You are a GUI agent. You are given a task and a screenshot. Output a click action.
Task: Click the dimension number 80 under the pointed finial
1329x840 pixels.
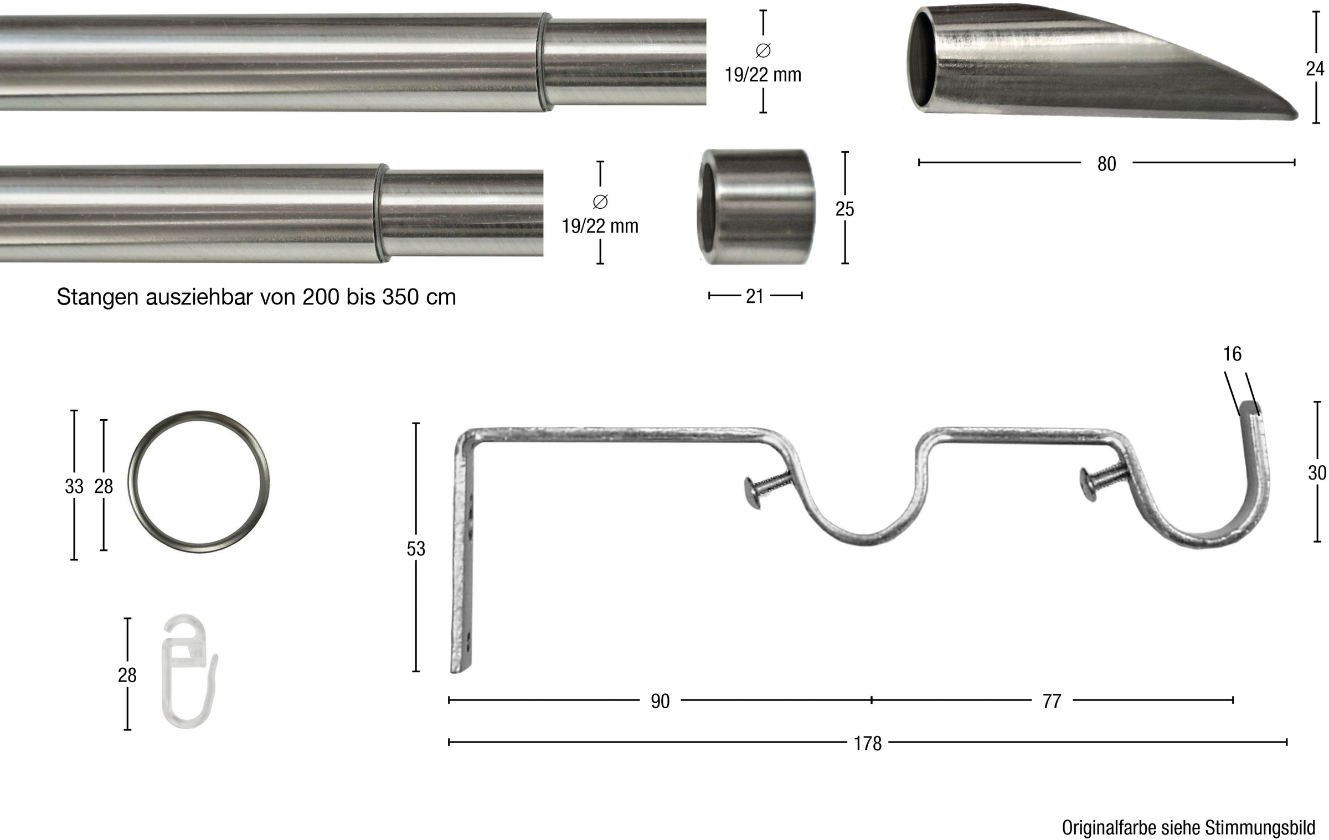point(1106,164)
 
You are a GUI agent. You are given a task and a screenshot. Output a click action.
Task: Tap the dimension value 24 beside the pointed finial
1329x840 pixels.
point(1315,69)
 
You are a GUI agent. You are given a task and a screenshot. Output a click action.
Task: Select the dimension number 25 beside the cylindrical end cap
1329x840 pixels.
point(844,209)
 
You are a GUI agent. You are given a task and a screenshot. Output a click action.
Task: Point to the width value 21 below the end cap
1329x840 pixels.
point(755,297)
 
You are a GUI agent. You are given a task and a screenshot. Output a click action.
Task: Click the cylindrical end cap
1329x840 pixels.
point(756,207)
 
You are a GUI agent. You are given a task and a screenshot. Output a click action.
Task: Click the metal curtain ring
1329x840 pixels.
point(132,486)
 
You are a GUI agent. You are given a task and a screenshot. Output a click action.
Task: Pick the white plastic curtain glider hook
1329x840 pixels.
point(188,674)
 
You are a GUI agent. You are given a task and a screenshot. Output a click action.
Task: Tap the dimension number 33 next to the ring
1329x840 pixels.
point(74,486)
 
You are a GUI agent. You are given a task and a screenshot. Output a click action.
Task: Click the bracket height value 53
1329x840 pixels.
point(416,549)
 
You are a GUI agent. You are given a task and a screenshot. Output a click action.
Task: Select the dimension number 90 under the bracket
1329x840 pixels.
point(660,701)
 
